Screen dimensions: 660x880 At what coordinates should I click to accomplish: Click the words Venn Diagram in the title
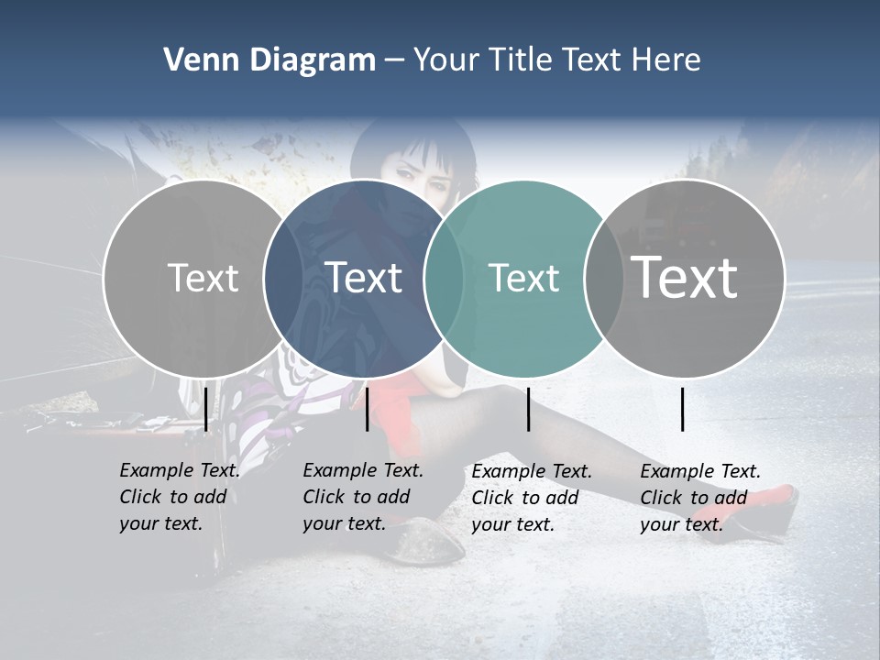click(269, 60)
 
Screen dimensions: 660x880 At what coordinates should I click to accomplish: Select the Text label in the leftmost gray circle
click(203, 278)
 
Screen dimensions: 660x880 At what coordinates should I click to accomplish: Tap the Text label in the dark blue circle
click(364, 278)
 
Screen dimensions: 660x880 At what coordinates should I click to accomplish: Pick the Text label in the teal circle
click(524, 278)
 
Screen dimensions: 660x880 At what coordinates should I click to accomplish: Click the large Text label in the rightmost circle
click(685, 278)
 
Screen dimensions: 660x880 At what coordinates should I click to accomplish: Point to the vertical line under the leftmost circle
click(205, 409)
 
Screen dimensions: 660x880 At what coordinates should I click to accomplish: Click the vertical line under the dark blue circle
click(367, 409)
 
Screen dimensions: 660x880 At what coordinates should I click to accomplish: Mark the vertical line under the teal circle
click(528, 409)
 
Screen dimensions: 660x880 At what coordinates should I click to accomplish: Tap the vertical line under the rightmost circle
click(683, 409)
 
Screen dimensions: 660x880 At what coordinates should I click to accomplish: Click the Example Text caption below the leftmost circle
click(180, 497)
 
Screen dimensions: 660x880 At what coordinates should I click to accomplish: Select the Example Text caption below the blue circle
click(363, 497)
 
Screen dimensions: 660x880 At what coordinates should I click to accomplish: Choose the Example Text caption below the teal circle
click(532, 498)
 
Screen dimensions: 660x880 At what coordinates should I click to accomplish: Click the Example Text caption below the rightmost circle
click(700, 498)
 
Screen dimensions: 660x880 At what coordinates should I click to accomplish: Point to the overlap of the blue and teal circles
click(445, 278)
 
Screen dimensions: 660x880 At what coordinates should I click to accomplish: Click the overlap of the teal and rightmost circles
click(605, 278)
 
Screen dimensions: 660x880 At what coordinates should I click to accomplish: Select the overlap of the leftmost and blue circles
click(283, 278)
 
